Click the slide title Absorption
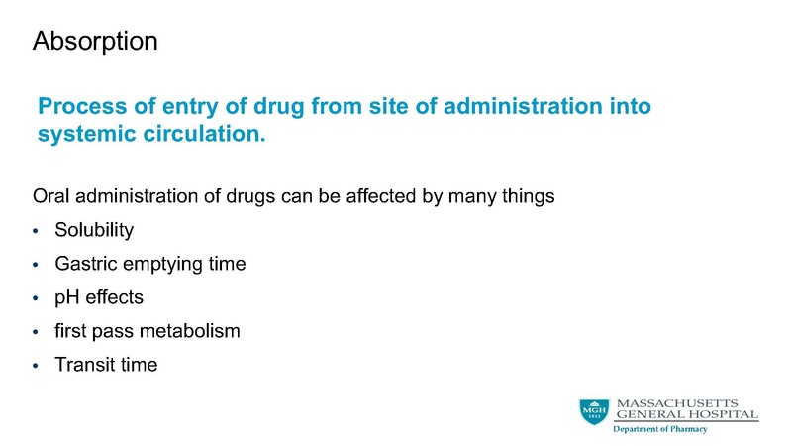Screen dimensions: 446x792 tap(94, 42)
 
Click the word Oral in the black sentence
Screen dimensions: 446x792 tap(51, 195)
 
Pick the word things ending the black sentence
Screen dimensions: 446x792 tap(527, 195)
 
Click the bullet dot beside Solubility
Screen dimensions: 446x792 tap(36, 231)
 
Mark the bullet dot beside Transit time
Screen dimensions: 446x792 tap(36, 366)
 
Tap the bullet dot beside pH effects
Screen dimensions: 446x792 tap(36, 298)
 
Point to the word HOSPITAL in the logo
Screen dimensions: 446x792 tap(725, 414)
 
